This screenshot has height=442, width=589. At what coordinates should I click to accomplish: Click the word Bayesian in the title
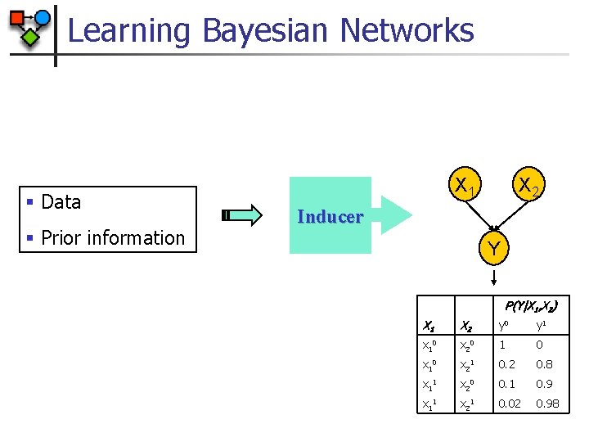coord(264,30)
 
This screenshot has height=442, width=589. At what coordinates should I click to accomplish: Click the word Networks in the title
coord(406,30)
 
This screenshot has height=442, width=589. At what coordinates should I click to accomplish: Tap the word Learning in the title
coord(128,31)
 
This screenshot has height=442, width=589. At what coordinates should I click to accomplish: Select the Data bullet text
coord(61,201)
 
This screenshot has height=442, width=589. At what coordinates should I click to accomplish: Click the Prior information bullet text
coord(112,237)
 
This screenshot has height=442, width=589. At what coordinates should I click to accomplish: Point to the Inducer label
coord(330,217)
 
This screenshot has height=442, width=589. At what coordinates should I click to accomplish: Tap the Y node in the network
coord(493,247)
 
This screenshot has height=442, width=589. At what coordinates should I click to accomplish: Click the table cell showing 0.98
coord(546,403)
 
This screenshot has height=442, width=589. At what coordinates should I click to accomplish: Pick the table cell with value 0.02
coord(509,403)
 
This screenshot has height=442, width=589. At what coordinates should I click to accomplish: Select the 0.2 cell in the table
coord(507,364)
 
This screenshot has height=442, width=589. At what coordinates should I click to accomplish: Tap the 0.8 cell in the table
coord(545,364)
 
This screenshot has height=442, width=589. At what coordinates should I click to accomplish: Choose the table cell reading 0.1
coord(507,383)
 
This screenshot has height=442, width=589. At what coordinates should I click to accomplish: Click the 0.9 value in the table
coord(545,383)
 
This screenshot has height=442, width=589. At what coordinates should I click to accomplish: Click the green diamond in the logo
coord(30,37)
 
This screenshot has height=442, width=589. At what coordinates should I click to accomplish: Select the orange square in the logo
coord(16,17)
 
